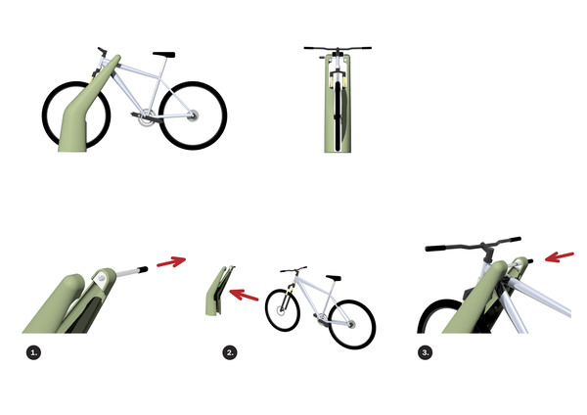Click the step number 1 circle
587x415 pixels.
point(33,352)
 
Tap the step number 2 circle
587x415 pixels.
point(230,352)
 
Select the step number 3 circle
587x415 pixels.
point(425,352)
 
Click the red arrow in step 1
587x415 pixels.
point(171,261)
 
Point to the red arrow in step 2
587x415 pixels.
point(244,295)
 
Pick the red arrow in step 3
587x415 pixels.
point(560,257)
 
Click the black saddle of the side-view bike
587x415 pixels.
point(164,55)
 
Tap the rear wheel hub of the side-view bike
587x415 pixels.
point(193,115)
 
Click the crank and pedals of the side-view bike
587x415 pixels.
point(145,118)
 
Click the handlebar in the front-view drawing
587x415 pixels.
point(338,48)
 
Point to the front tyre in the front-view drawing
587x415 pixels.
point(339,113)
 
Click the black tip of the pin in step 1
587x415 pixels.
point(144,269)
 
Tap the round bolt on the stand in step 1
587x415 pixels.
point(102,278)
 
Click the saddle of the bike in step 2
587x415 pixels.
point(334,278)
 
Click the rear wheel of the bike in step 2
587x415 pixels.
point(352,324)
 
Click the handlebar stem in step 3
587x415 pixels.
point(487,253)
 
